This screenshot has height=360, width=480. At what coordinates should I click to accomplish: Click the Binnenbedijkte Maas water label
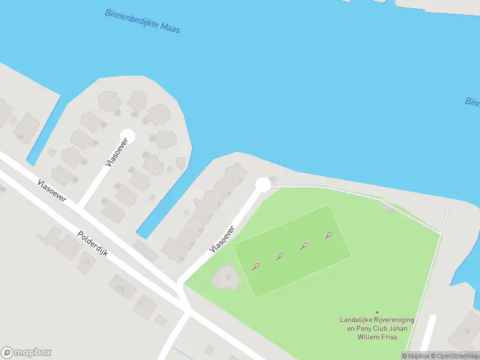click(x=142, y=21)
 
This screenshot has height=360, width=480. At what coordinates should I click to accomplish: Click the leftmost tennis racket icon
click(x=256, y=266)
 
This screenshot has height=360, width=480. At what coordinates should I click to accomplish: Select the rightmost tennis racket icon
click(x=328, y=235)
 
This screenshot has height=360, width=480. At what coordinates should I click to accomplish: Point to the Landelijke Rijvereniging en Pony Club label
click(x=377, y=328)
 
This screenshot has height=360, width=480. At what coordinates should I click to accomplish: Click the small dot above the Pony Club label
click(x=377, y=312)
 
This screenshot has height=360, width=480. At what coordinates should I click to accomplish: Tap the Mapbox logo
click(x=26, y=352)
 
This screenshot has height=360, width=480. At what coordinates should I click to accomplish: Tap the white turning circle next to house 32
click(x=127, y=136)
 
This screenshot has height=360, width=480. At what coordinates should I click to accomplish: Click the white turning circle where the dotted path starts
click(x=262, y=185)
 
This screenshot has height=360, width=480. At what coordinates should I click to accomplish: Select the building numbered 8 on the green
click(x=226, y=277)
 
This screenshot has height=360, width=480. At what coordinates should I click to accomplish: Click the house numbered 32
click(x=118, y=113)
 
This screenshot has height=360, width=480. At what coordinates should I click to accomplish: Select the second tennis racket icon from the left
click(x=280, y=256)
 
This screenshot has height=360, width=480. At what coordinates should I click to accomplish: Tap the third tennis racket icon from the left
click(x=305, y=245)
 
